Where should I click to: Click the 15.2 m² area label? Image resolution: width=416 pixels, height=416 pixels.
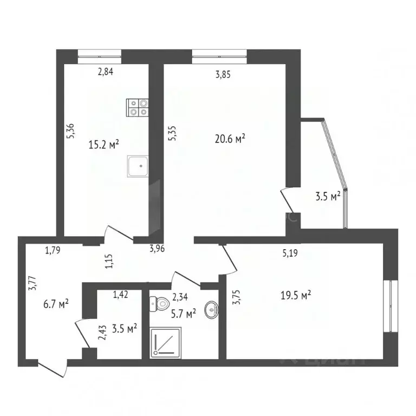[x=103, y=145]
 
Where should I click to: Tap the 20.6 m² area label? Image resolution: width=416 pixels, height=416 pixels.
[x=230, y=139]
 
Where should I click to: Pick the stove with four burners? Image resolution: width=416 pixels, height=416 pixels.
[x=138, y=108]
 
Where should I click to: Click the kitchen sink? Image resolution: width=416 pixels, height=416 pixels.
[x=139, y=166]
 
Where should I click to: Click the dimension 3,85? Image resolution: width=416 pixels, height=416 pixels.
[x=223, y=76]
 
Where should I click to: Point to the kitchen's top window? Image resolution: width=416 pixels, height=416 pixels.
[x=99, y=53]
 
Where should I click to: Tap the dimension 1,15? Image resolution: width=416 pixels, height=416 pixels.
[x=108, y=262]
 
